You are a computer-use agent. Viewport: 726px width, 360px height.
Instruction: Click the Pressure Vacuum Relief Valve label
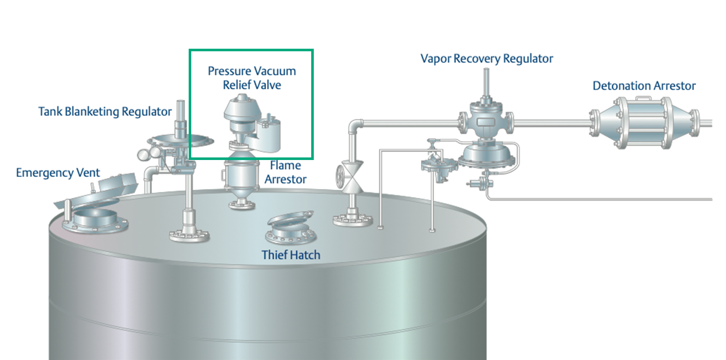(x=252, y=77)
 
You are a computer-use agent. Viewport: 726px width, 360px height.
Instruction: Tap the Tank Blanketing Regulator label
(x=105, y=111)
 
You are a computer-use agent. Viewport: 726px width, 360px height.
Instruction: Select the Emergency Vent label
(x=58, y=172)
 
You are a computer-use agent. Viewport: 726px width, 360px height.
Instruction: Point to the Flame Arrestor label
(x=285, y=172)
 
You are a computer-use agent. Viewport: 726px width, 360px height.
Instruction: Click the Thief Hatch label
(x=291, y=254)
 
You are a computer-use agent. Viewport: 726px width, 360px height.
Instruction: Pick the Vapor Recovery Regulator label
(x=487, y=58)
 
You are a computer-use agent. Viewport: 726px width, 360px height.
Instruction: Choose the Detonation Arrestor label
(x=644, y=86)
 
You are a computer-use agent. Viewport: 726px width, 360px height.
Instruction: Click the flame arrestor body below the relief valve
(x=240, y=177)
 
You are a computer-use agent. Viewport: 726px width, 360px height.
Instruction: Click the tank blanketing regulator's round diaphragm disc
(x=180, y=139)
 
